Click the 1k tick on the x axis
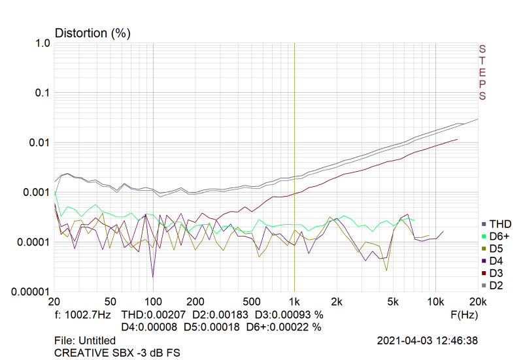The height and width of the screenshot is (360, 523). [x=295, y=301]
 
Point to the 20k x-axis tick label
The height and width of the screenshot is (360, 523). [x=478, y=301]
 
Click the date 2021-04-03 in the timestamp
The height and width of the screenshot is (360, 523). [x=405, y=340]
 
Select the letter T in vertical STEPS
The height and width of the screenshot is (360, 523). [x=482, y=61]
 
